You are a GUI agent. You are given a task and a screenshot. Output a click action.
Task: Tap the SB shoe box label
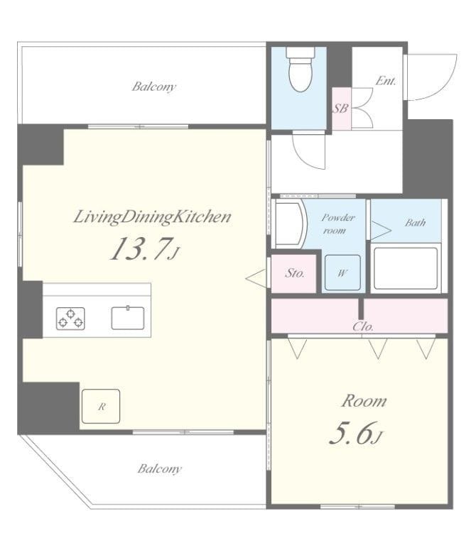340,109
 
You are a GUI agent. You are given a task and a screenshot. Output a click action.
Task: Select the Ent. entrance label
385,81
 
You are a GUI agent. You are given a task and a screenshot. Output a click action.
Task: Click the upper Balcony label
153,87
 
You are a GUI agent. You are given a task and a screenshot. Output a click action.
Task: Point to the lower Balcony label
159,468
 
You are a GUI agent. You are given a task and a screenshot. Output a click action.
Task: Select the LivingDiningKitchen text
152,217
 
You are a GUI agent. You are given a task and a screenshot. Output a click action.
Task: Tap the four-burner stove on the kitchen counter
71,317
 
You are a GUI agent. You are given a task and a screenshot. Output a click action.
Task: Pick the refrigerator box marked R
100,406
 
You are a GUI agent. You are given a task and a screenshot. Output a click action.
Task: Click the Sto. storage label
294,272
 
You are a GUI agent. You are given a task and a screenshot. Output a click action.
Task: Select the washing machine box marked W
341,273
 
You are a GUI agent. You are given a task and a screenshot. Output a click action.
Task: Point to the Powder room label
337,224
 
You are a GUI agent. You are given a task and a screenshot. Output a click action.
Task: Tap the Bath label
415,222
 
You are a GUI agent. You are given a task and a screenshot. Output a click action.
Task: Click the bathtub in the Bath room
405,268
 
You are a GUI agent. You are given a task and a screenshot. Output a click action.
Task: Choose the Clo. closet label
363,327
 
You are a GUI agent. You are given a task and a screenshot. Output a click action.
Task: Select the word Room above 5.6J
364,401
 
